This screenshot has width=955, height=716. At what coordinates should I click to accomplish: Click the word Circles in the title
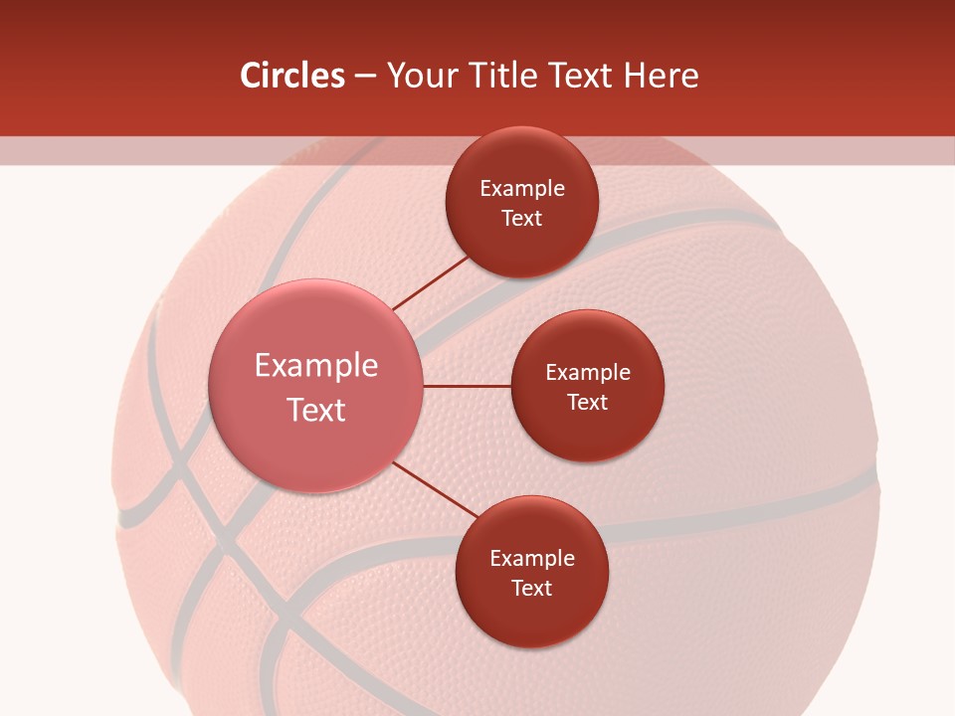tap(291, 76)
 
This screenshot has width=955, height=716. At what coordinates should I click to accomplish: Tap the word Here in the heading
tap(661, 76)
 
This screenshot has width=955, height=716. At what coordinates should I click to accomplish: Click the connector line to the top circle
tap(431, 282)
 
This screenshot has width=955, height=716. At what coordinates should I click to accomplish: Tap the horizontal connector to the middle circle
tap(468, 386)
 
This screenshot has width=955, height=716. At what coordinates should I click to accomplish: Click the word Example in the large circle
tap(316, 366)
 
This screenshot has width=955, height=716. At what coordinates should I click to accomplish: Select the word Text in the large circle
tap(316, 410)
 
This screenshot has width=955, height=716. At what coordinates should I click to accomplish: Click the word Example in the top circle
tap(522, 189)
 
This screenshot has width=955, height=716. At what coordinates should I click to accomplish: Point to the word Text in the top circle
tap(522, 219)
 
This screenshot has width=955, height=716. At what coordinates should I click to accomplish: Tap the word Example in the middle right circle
tap(588, 373)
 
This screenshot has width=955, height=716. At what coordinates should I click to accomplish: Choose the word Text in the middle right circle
tap(588, 403)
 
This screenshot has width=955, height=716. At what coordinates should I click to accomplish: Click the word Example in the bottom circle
tap(532, 559)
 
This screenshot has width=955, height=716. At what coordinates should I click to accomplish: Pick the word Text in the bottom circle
tap(532, 589)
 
